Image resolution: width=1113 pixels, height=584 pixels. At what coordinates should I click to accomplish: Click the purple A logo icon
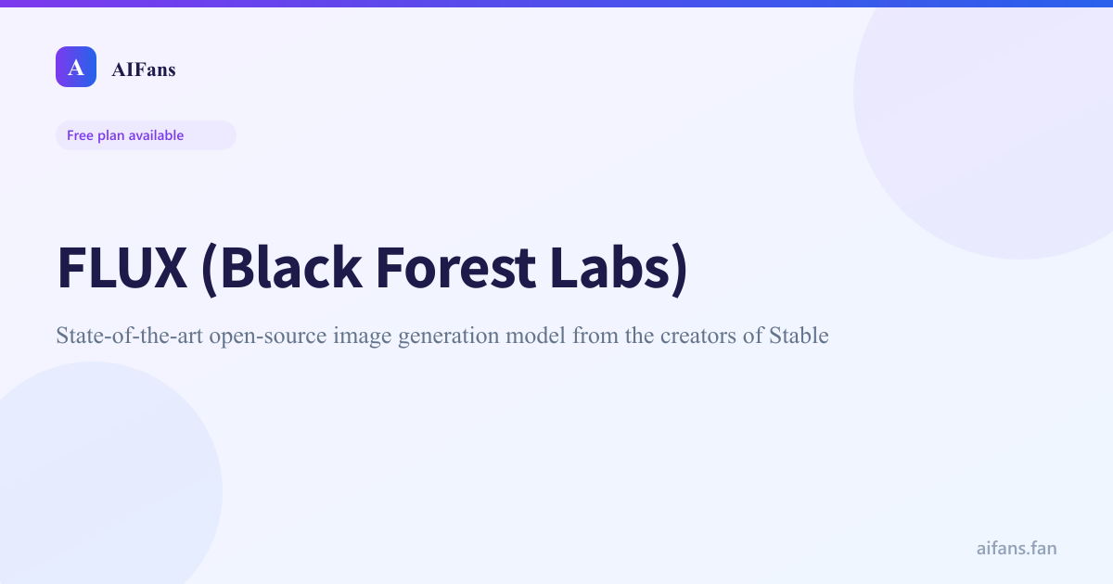point(76,67)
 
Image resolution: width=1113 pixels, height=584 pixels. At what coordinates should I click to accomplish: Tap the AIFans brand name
point(143,69)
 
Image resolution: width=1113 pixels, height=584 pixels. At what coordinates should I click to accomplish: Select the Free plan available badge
point(146,135)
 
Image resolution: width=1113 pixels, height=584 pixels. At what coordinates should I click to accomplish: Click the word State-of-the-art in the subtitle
point(129,336)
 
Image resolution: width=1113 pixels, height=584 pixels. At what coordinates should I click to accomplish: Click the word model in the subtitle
point(536,336)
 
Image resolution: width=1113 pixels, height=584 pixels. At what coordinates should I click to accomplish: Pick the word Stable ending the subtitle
point(799,336)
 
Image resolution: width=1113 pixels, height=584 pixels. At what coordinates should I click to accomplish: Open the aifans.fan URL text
point(1017,548)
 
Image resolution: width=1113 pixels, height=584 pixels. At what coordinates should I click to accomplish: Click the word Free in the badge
point(80,135)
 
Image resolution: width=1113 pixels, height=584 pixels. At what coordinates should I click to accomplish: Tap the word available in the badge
point(156,135)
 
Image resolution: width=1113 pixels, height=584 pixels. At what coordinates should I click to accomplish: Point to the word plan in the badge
point(111,135)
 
